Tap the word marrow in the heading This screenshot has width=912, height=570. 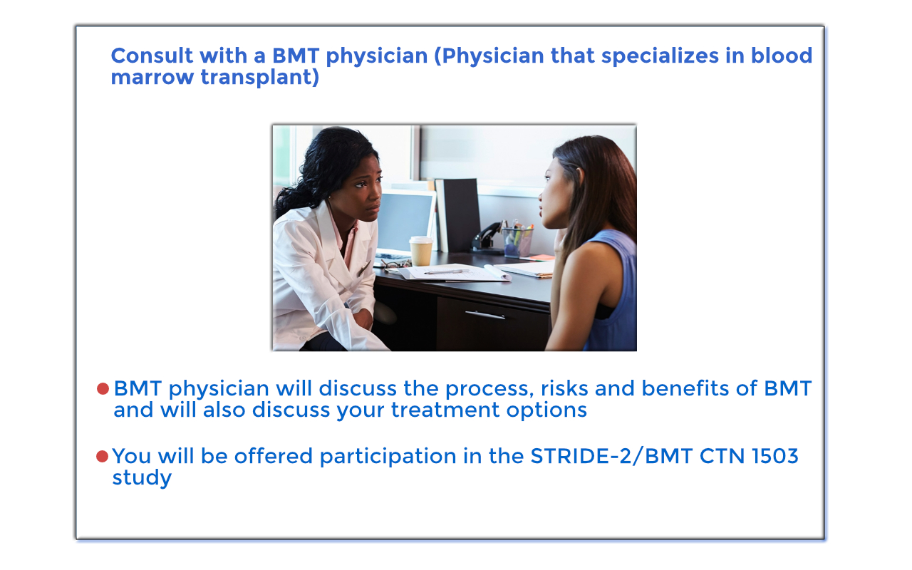pos(152,78)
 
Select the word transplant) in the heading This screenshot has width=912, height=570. pos(260,78)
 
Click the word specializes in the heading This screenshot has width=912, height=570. pos(660,56)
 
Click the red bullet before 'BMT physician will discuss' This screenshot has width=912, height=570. pos(103,388)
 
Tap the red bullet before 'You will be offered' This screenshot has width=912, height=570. pos(102,456)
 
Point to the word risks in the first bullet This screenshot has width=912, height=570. pos(564,388)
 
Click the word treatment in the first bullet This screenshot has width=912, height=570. pos(445,410)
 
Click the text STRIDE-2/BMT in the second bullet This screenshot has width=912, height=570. pos(611,456)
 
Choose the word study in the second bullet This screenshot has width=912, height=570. pos(142,478)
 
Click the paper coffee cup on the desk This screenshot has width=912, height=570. pos(421,251)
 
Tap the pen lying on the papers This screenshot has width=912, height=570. pos(446,271)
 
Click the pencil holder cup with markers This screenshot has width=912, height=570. pos(518,242)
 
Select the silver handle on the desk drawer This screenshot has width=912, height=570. pos(485,315)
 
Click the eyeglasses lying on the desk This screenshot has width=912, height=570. pos(395,264)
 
